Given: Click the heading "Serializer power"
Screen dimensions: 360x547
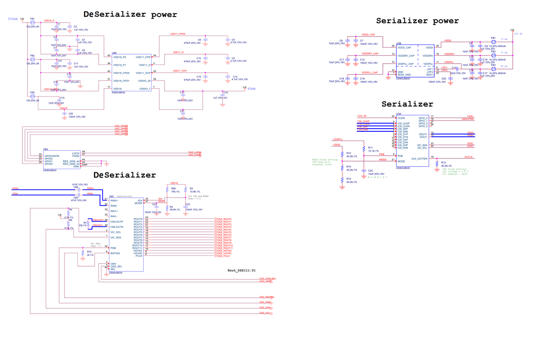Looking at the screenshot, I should tap(417, 21).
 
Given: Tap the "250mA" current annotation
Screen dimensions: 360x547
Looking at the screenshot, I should tap(13, 19).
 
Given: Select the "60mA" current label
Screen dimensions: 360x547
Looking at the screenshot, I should tap(252, 89).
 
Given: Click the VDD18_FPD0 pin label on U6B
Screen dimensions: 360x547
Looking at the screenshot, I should tap(121, 73).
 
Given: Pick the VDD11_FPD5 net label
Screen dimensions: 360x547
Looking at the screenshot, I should tap(178, 34).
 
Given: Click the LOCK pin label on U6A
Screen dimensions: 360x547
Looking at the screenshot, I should tap(76, 153).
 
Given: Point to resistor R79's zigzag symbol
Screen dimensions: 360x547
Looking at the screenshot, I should tap(83, 255).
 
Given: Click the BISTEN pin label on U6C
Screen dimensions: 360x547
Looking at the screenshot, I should tap(115, 253).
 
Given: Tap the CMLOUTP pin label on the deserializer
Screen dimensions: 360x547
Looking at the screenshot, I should tap(117, 221).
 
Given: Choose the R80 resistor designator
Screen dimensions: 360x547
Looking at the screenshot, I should tap(173, 188).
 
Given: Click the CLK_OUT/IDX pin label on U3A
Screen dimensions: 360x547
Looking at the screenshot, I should tap(419, 159).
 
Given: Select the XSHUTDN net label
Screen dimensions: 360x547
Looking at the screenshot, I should tap(468, 119).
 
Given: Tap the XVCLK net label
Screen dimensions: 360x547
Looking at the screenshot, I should tap(469, 157).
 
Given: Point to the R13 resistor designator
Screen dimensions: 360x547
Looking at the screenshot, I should tap(443, 162).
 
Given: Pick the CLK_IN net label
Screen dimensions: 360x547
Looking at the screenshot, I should tap(362, 116).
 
